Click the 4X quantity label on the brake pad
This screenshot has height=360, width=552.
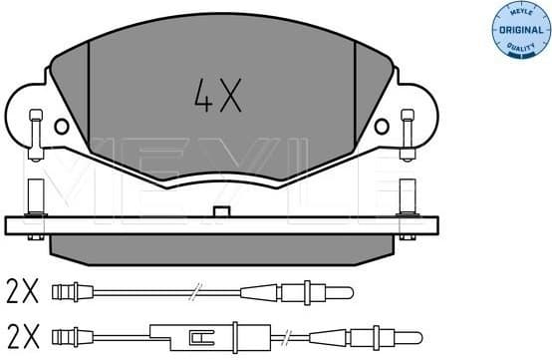216,97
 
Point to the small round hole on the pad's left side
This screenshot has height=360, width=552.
62,127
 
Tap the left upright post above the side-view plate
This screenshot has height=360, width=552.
35,195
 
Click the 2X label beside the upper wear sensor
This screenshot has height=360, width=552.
22,291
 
